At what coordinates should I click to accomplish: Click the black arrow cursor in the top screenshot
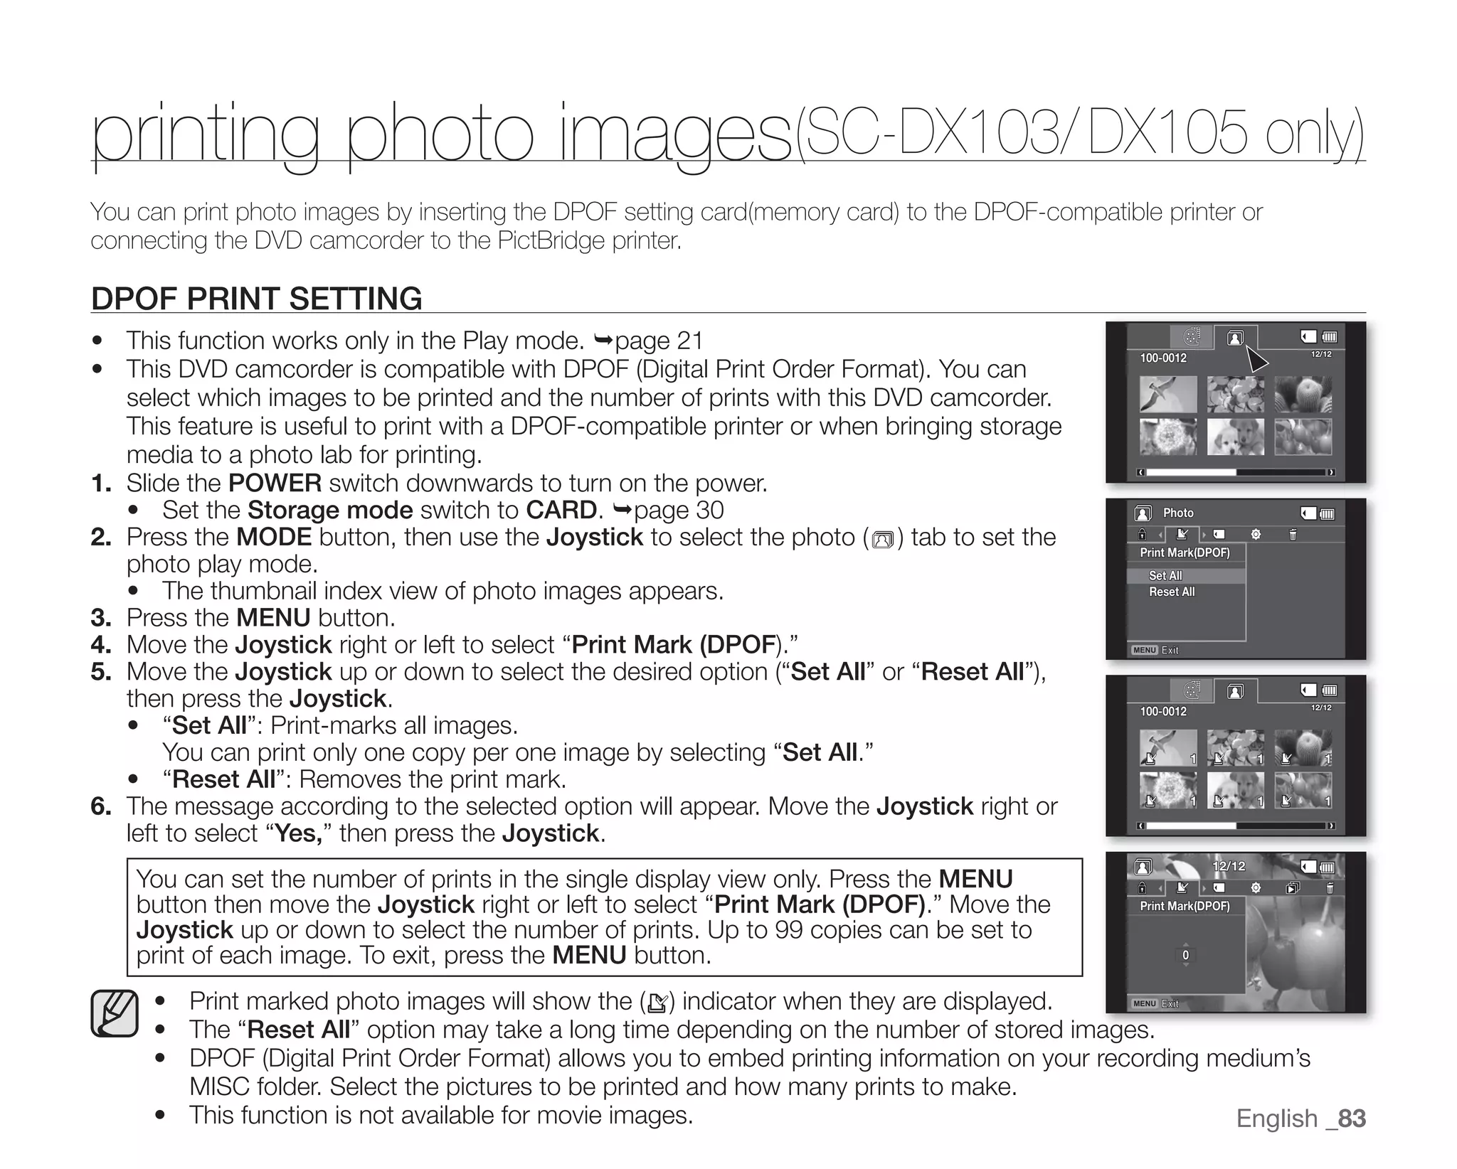(x=1256, y=358)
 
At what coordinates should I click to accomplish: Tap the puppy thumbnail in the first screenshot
(x=1236, y=437)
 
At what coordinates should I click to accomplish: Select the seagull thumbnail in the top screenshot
(x=1167, y=394)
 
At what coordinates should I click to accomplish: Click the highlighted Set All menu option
(x=1165, y=575)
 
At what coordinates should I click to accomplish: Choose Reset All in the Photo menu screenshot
(x=1172, y=592)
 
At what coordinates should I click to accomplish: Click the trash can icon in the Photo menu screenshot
(x=1293, y=534)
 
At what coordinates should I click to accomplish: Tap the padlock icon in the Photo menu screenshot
(x=1142, y=534)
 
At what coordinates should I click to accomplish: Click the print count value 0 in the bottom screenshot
(x=1185, y=955)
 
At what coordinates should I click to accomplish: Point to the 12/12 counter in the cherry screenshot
(x=1229, y=866)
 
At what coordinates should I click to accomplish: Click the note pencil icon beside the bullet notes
(x=115, y=1013)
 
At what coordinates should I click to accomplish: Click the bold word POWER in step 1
(x=275, y=484)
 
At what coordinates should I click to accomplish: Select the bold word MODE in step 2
(x=274, y=537)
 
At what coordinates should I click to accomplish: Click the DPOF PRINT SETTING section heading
(x=257, y=299)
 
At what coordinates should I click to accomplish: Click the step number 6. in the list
(x=101, y=806)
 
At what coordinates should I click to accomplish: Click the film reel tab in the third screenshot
(x=1192, y=690)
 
